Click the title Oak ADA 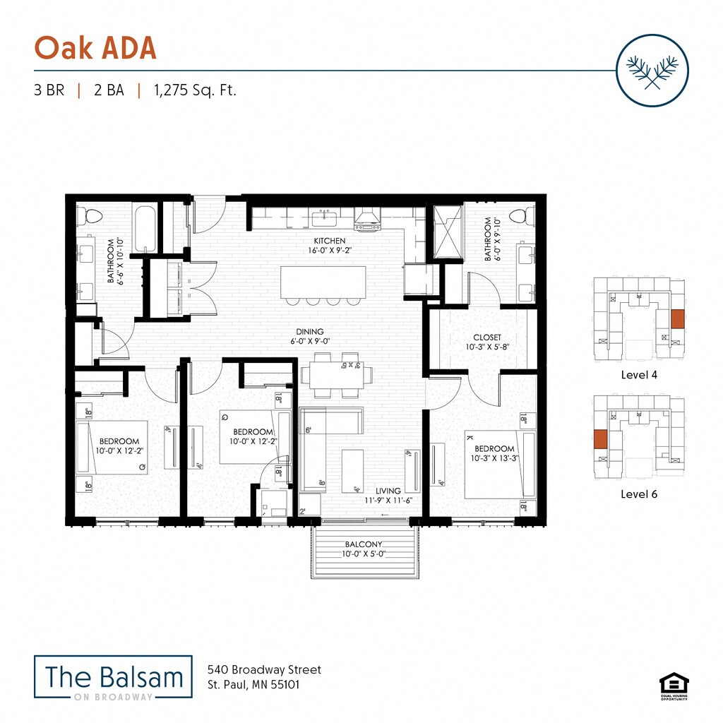pyautogui.click(x=95, y=48)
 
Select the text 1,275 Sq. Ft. pyautogui.click(x=193, y=90)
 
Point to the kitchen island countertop pyautogui.click(x=323, y=281)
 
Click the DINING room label pyautogui.click(x=310, y=331)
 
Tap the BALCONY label pyautogui.click(x=364, y=544)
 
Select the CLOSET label pyautogui.click(x=487, y=337)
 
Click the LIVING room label pyautogui.click(x=388, y=491)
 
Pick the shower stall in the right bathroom pyautogui.click(x=446, y=232)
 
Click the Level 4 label pyautogui.click(x=639, y=375)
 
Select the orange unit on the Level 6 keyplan pyautogui.click(x=601, y=438)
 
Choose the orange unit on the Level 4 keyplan pyautogui.click(x=677, y=319)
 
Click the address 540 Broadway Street pyautogui.click(x=264, y=669)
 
